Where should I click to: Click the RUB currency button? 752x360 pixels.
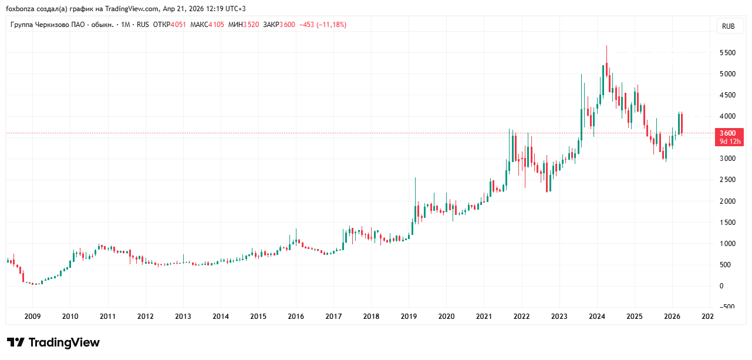click(729, 26)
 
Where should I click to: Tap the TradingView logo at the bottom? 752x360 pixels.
click(53, 342)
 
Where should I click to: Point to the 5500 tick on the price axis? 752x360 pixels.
click(728, 53)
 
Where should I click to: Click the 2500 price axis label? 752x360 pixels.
click(728, 180)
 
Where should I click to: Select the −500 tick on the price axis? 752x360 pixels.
click(728, 307)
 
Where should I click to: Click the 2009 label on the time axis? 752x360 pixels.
click(32, 317)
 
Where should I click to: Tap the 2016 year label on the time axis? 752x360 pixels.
click(296, 317)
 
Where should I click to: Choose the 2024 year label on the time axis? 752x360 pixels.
click(597, 317)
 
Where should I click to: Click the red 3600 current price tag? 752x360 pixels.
click(728, 133)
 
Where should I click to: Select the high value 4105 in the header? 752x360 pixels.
click(216, 25)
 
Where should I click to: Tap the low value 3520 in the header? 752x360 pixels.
click(251, 25)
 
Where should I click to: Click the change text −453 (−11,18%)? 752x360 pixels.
click(323, 25)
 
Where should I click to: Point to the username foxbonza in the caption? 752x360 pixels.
click(19, 9)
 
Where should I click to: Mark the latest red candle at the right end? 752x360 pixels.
click(682, 123)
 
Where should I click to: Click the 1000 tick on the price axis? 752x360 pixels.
click(728, 243)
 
